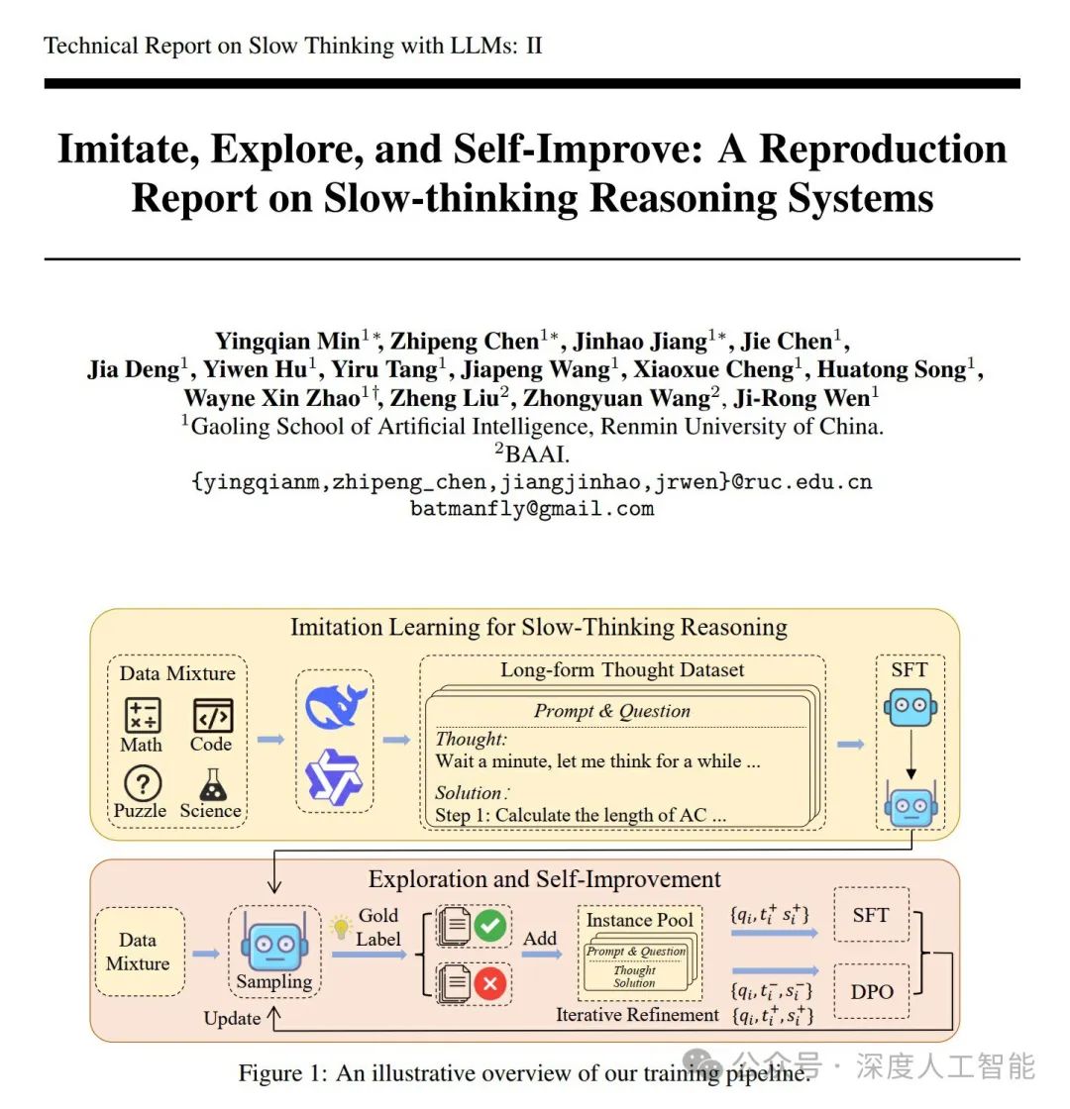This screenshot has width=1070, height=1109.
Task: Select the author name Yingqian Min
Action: coord(287,342)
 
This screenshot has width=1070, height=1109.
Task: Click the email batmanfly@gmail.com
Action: coord(532,509)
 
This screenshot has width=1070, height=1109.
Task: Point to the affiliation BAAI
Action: coord(536,454)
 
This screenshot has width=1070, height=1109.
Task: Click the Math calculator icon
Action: coord(142,715)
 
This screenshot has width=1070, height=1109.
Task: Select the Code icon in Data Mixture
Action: coord(212,715)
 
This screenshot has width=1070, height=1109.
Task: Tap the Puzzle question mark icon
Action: coord(142,784)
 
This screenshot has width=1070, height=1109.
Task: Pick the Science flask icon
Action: coord(212,784)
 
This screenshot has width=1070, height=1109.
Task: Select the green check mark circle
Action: coord(489,927)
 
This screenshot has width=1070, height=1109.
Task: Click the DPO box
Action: coord(872,990)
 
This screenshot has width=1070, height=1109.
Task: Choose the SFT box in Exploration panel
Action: coord(871,915)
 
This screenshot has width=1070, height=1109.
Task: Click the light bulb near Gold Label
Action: coord(341,927)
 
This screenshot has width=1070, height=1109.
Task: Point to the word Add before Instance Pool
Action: coord(540,938)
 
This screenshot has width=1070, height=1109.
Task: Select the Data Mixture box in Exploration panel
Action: coord(138,952)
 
